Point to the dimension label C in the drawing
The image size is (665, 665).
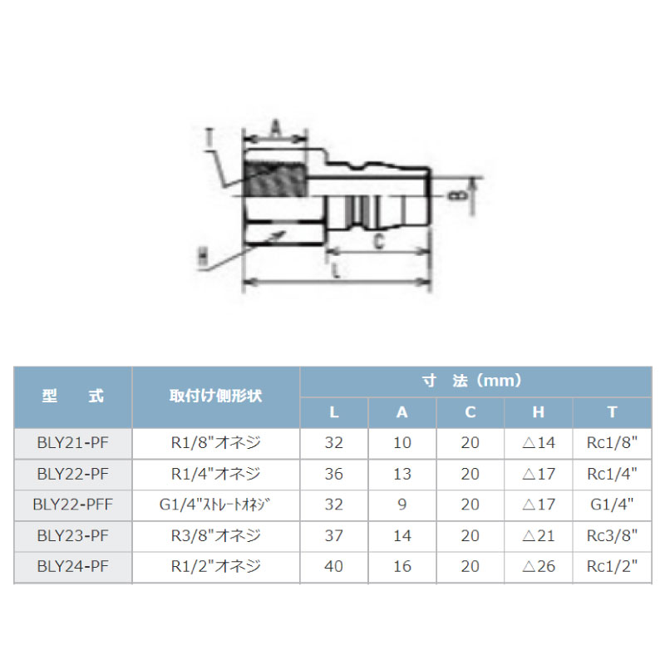[377, 242]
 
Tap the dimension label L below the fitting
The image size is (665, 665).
[334, 272]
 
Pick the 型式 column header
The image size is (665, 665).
[73, 397]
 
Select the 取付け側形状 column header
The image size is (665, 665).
[215, 397]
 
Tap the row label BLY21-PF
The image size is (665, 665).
[73, 442]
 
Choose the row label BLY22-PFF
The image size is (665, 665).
[73, 504]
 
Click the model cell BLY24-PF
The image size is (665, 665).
[73, 566]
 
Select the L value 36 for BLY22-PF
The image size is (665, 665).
[334, 473]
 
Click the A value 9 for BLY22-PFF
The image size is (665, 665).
[402, 504]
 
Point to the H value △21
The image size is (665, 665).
[538, 535]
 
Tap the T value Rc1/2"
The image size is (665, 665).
[611, 566]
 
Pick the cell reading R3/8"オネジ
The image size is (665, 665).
[215, 535]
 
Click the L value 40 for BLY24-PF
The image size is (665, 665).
[334, 566]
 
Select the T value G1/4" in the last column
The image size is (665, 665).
[611, 504]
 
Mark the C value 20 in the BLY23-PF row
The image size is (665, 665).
[470, 535]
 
